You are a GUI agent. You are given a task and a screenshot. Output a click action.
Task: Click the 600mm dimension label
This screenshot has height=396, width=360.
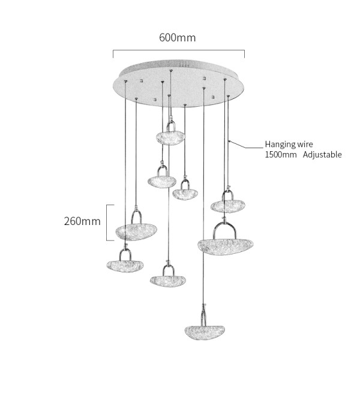point(178,38)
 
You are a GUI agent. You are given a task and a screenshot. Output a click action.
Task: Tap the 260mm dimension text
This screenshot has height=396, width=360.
point(82,221)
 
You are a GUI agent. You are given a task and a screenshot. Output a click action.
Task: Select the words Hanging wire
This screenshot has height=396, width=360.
point(289,144)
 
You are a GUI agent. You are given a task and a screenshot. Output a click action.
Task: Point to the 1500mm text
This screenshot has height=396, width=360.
point(281,154)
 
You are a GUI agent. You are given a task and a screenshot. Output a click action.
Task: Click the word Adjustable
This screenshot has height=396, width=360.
point(322,154)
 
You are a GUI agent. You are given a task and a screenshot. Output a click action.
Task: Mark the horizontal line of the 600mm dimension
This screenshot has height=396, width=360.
point(179,50)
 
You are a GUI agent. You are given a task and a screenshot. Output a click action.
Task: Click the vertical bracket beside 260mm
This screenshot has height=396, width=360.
point(107,223)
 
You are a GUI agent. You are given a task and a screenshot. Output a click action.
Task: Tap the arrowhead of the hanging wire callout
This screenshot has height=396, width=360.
point(229,141)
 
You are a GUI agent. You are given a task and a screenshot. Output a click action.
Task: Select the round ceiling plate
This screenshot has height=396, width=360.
point(179,83)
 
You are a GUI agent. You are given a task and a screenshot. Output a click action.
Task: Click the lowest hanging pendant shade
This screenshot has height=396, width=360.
point(205,332)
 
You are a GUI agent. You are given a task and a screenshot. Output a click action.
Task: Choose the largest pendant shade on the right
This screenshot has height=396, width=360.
point(225,246)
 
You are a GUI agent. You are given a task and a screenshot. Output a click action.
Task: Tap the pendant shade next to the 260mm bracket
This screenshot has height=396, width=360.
point(136,232)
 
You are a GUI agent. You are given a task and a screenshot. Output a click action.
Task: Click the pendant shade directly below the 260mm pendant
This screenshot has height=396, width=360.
point(125,266)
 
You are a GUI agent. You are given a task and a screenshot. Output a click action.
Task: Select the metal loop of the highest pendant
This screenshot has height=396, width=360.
point(167,125)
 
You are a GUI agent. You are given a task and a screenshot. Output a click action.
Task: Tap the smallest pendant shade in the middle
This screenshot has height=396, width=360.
point(185,194)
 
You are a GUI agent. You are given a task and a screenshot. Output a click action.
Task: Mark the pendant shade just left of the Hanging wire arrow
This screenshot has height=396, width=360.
point(228,206)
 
